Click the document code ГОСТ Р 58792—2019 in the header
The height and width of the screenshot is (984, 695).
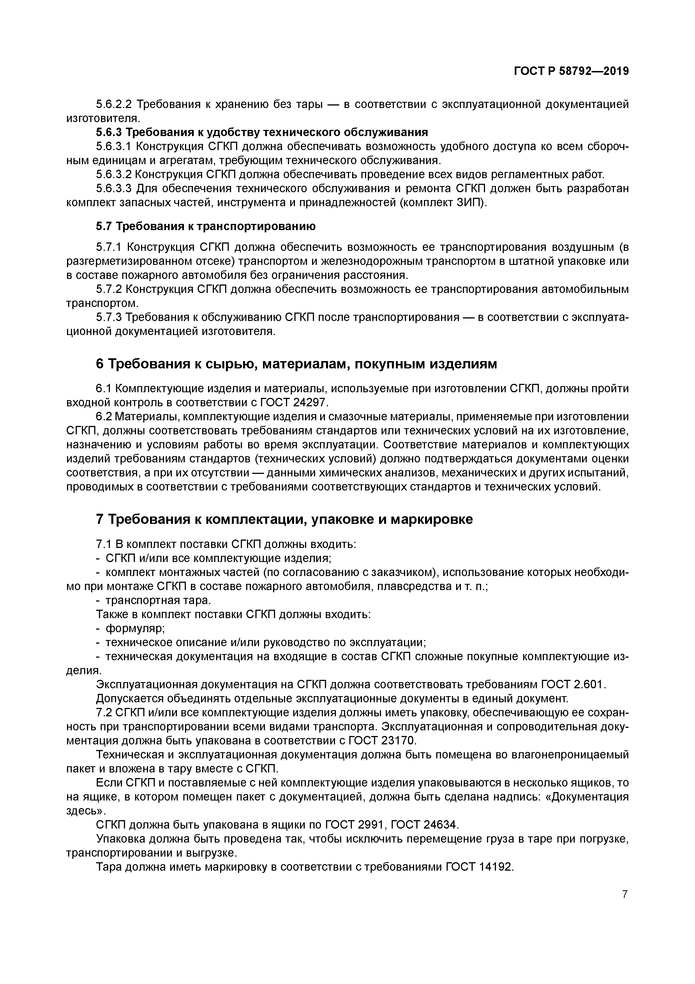pos(571,71)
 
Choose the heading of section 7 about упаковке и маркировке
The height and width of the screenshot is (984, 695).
pos(284,519)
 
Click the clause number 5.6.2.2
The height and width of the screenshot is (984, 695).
pos(114,104)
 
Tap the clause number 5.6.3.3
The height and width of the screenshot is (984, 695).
pos(114,189)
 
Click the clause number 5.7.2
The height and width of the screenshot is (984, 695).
pos(110,289)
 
